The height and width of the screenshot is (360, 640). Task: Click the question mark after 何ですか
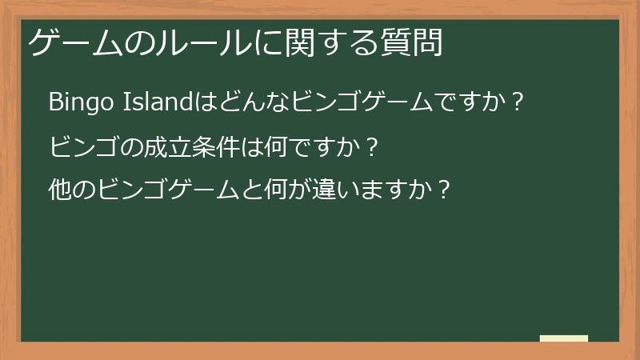[369, 147]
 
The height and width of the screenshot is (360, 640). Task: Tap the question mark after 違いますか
[445, 191]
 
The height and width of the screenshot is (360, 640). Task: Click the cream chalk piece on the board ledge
[563, 338]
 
